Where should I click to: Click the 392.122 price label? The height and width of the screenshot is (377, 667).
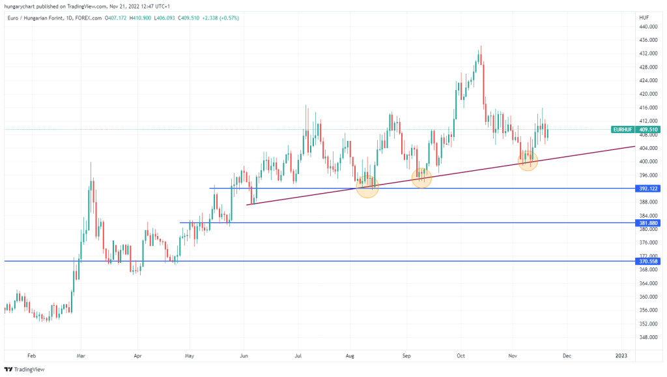[x=648, y=188]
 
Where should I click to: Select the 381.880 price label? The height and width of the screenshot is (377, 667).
[x=648, y=223]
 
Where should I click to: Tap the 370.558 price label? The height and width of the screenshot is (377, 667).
[x=648, y=261]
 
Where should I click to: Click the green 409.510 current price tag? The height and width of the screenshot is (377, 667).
[x=648, y=130]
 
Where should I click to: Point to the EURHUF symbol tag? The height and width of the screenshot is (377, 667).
[x=623, y=130]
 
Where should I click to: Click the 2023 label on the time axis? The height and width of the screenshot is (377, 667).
[x=621, y=356]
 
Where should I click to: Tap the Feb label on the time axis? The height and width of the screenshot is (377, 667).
[x=32, y=356]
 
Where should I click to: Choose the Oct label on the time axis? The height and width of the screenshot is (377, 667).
[x=461, y=356]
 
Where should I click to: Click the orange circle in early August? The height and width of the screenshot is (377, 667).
[x=367, y=186]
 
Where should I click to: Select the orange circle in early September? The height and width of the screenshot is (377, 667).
[x=422, y=177]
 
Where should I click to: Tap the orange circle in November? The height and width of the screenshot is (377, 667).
[x=528, y=160]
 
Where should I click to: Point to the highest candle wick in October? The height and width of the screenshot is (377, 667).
[x=481, y=46]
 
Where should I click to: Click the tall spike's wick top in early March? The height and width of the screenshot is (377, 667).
[x=91, y=162]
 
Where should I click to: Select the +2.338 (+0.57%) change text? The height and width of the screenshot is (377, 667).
[x=219, y=18]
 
